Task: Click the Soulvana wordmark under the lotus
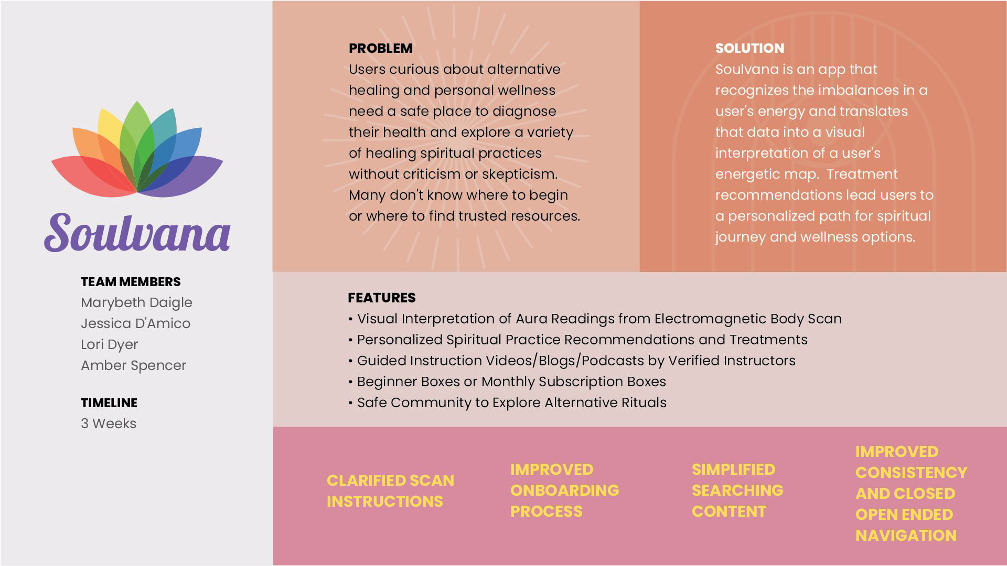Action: coord(137,233)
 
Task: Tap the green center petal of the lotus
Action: coord(137,131)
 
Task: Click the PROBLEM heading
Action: coord(380,48)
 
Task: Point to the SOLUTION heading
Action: coord(749,48)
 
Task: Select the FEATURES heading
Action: coord(381,298)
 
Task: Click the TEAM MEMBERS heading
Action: coord(131,282)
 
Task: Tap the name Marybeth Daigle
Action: coord(136,303)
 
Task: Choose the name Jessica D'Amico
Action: coord(135,324)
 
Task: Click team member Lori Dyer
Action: coord(109,345)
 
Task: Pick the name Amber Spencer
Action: coord(133,366)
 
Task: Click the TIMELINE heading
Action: coord(109,403)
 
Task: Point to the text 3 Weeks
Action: coord(109,424)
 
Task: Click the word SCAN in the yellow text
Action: coord(432,481)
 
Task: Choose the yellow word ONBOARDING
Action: coord(564,491)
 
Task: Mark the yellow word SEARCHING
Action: coord(737,491)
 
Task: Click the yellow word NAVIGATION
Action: coord(906,536)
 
